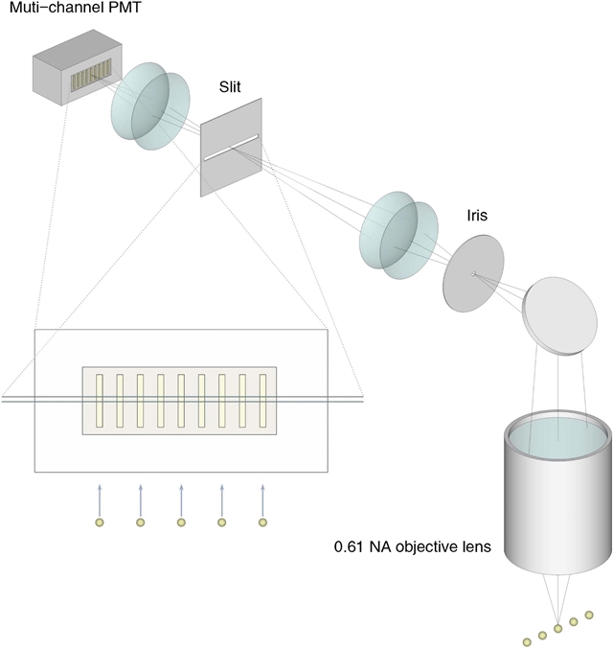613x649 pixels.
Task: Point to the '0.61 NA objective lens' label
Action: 412,548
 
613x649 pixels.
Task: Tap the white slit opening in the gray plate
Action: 231,148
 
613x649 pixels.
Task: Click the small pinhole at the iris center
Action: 473,274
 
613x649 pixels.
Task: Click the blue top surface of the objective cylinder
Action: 556,437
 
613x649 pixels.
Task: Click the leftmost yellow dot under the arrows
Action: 99,522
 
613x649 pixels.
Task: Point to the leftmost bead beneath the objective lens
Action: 526,639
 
